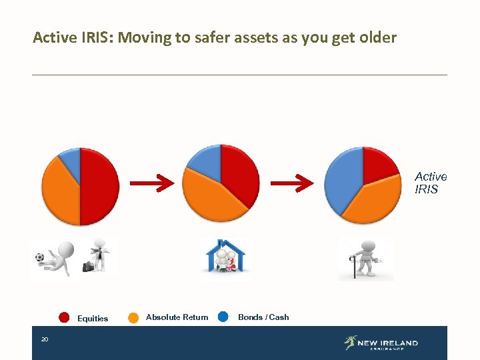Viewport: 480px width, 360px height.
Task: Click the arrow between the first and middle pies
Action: tap(151, 182)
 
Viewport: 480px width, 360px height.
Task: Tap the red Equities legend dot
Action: tap(64, 317)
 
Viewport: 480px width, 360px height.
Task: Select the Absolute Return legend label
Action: tap(177, 317)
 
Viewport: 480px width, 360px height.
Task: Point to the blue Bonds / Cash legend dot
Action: tap(223, 317)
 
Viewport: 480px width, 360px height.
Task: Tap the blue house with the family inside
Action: tap(225, 256)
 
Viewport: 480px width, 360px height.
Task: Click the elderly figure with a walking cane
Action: tap(365, 259)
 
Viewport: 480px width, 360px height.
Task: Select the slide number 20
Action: tap(44, 340)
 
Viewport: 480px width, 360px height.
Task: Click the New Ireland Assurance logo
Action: tap(381, 343)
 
